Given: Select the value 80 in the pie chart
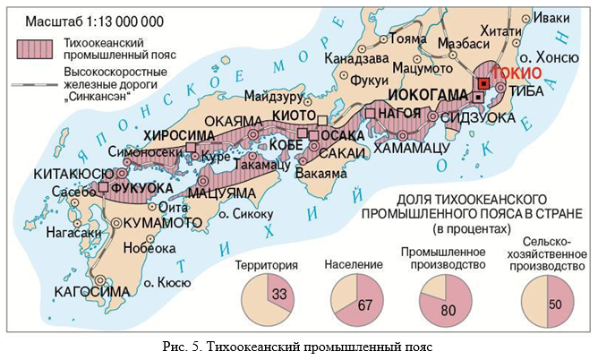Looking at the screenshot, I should (x=448, y=310).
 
